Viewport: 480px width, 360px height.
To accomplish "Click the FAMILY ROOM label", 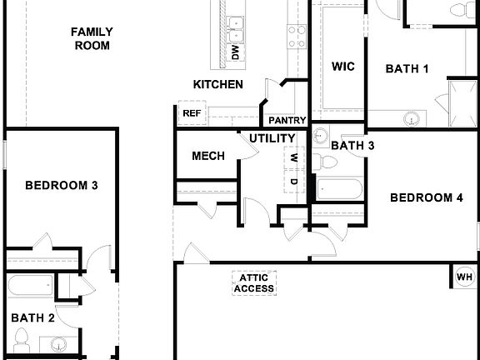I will pyautogui.click(x=92, y=38).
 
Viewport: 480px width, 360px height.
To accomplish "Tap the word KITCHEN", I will pyautogui.click(x=218, y=84).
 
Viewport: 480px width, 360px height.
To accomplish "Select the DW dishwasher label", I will pyautogui.click(x=235, y=53).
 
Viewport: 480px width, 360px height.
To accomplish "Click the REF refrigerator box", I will pyautogui.click(x=192, y=113).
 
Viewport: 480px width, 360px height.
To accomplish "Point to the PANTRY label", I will pyautogui.click(x=287, y=120).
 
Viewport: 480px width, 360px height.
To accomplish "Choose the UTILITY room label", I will pyautogui.click(x=272, y=138).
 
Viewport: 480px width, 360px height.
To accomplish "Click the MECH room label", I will pyautogui.click(x=208, y=156).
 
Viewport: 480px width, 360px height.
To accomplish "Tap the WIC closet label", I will pyautogui.click(x=343, y=67).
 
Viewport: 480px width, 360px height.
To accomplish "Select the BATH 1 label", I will pyautogui.click(x=407, y=69).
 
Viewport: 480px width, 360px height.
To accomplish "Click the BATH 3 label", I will pyautogui.click(x=352, y=146).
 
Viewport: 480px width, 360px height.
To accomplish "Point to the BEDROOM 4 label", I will pyautogui.click(x=427, y=197).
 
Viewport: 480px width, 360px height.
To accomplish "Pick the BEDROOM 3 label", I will pyautogui.click(x=62, y=185).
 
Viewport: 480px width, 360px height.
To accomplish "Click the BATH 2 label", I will pyautogui.click(x=33, y=317).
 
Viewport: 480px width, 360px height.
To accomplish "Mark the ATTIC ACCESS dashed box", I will pyautogui.click(x=253, y=283).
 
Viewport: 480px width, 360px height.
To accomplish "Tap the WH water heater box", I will pyautogui.click(x=464, y=277).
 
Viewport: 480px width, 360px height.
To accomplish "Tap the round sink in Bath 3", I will pyautogui.click(x=322, y=136).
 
